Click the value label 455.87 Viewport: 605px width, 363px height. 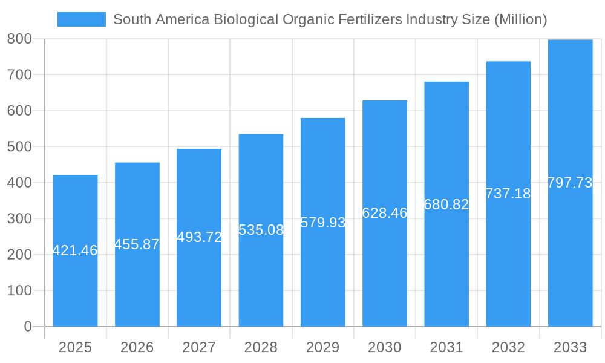click(137, 244)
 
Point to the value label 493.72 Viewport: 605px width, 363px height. click(199, 237)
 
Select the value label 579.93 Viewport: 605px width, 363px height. click(322, 223)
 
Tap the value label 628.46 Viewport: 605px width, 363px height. click(385, 213)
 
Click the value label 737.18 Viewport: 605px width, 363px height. click(508, 194)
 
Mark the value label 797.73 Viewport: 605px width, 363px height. click(570, 183)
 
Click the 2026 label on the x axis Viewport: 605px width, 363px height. click(137, 347)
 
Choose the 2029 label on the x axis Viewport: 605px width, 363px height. click(322, 347)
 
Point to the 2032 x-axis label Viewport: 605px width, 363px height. click(508, 347)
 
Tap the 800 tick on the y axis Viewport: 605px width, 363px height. click(19, 39)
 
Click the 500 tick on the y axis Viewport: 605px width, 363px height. click(19, 146)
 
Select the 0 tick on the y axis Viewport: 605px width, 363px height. click(28, 327)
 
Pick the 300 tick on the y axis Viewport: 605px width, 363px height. click(19, 218)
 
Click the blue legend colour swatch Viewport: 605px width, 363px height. click(81, 19)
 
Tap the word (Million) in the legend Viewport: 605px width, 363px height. click(521, 19)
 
